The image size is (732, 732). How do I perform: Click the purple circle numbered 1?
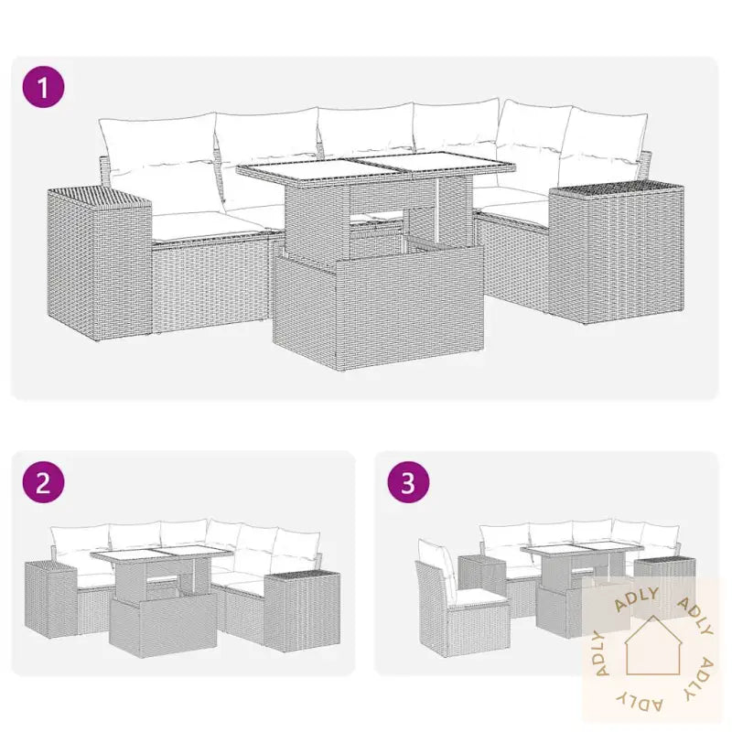tap(43, 87)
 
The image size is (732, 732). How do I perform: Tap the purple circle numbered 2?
tap(43, 482)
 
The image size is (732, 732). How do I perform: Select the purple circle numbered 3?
tap(408, 482)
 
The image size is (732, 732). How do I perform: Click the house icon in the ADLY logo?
tap(653, 646)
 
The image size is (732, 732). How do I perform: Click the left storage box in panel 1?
tap(100, 264)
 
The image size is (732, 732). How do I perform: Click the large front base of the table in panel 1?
tap(378, 306)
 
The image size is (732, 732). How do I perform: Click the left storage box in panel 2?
tap(51, 600)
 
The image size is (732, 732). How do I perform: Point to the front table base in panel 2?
tap(164, 627)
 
